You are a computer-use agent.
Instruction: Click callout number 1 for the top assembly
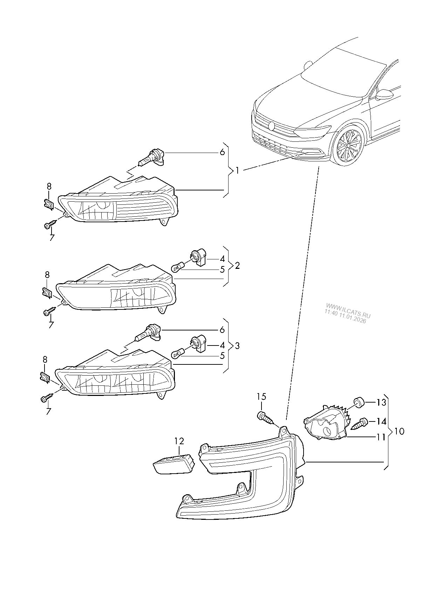(x=237, y=171)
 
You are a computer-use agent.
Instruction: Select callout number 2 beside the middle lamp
(x=237, y=266)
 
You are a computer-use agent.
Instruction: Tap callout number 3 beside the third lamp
(x=237, y=346)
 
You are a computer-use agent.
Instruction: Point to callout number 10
(x=399, y=431)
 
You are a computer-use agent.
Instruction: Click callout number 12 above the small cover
(x=179, y=441)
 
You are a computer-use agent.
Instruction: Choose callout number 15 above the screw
(x=261, y=397)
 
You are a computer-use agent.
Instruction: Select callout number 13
(x=381, y=403)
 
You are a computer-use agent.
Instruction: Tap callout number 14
(x=381, y=421)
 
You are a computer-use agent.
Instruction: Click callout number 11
(x=381, y=437)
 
